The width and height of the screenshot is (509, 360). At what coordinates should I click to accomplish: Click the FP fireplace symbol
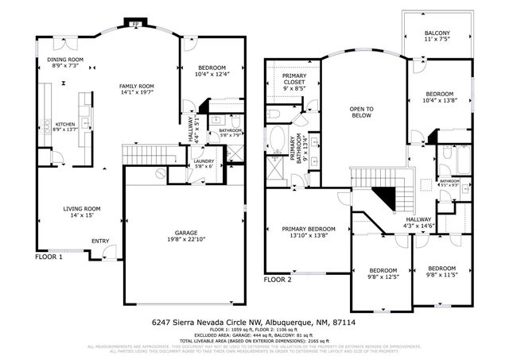coord(135,24)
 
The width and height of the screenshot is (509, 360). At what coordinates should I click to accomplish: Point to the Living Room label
coord(82,212)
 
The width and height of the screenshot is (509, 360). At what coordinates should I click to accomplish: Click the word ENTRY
coord(100,241)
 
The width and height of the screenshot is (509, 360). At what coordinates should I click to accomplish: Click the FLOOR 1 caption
coord(49,257)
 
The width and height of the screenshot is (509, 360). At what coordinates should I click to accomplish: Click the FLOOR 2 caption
coord(278,280)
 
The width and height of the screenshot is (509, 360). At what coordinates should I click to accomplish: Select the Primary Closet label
coord(293,82)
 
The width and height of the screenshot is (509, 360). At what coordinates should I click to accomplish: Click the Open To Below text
coord(363,112)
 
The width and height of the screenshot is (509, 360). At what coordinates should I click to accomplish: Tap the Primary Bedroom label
coord(309,232)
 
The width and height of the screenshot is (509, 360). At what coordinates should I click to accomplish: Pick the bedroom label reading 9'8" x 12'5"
coord(382,273)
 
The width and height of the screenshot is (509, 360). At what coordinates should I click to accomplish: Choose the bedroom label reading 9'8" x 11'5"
coord(441,272)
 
